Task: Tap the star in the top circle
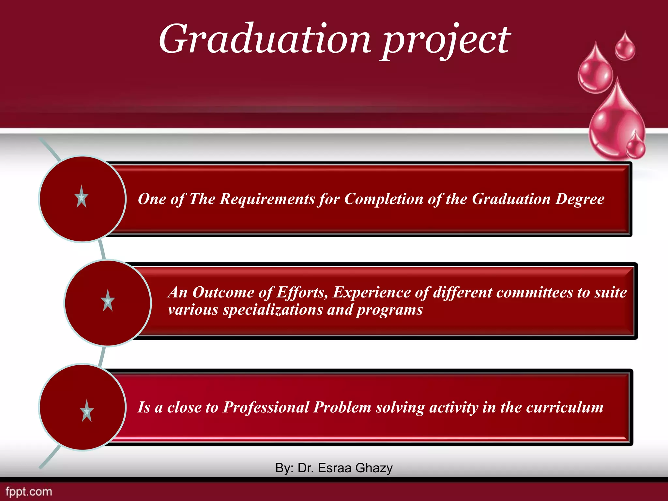(82, 197)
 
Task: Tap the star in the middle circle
(108, 300)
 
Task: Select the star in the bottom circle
(86, 411)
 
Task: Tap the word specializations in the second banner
(273, 310)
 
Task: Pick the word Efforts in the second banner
(302, 292)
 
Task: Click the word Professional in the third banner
(266, 407)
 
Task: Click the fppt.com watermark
(29, 492)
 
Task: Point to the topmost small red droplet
(625, 47)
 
